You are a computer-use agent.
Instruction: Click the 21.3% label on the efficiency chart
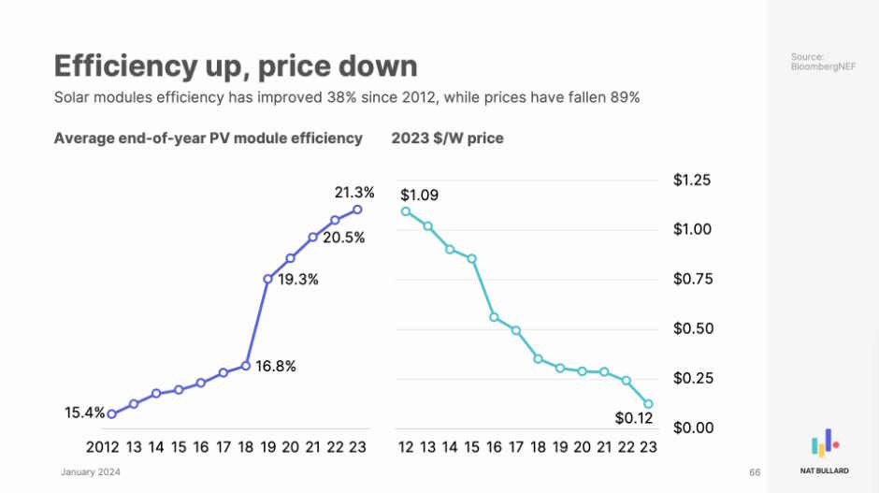coord(354,193)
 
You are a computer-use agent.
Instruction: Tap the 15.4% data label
coord(84,412)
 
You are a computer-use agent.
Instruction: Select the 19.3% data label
coord(297,280)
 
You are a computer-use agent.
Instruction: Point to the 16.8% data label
coord(275,366)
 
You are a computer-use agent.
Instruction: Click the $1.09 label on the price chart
coord(419,196)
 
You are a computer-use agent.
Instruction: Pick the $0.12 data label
coord(633,417)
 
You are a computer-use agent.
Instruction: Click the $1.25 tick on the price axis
coord(692,180)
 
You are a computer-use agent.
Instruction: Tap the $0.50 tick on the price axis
coord(692,328)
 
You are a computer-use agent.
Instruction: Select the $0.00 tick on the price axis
coord(692,428)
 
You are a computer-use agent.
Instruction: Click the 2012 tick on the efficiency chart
coord(103,447)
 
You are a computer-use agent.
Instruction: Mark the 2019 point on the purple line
coord(268,279)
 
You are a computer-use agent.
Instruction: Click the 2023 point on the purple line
coord(357,210)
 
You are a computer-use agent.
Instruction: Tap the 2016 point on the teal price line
coord(494,317)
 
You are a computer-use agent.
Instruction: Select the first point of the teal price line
coord(406,211)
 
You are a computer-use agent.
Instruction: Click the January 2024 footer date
coord(91,472)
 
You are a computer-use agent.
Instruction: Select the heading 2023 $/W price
coord(447,138)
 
